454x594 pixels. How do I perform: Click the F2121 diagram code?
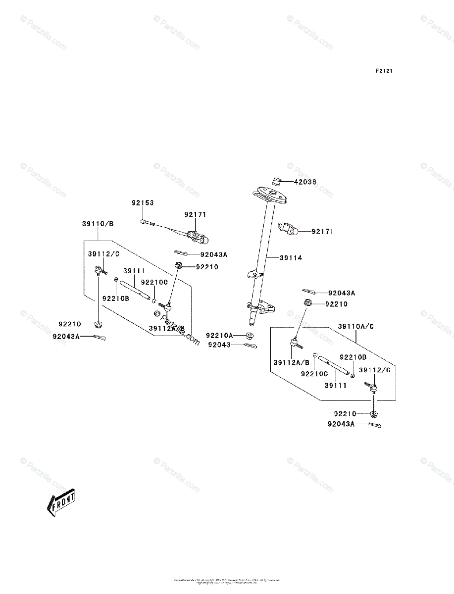pos(384,71)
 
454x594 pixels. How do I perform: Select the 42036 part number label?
pos(305,182)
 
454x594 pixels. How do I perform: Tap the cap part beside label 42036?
pos(278,180)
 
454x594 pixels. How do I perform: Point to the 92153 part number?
pos(143,203)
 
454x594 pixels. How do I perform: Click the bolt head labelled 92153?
pos(143,222)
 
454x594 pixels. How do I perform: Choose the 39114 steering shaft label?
pos(291,258)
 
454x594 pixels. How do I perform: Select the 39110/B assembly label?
pos(98,224)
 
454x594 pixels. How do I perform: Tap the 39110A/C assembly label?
pos(356,326)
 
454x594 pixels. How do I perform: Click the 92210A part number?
pos(219,335)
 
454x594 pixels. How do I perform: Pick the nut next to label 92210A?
pos(251,336)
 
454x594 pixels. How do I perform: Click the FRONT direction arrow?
pos(60,501)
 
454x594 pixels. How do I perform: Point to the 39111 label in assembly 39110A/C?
pos(335,385)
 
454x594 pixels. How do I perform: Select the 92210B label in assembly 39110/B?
pos(116,298)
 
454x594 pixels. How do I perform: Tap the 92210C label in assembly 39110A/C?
pos(314,374)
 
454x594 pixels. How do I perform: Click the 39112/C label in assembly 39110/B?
pos(104,254)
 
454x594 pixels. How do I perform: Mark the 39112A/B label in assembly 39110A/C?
pos(291,362)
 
